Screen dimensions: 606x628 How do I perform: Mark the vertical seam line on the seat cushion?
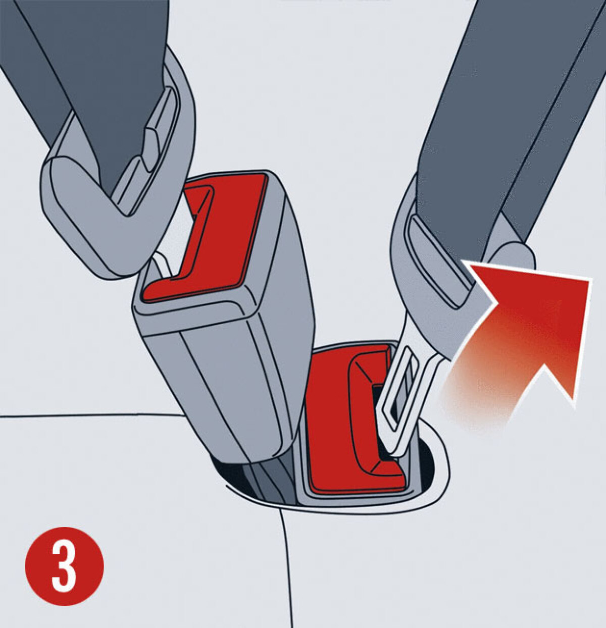point(288,568)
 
